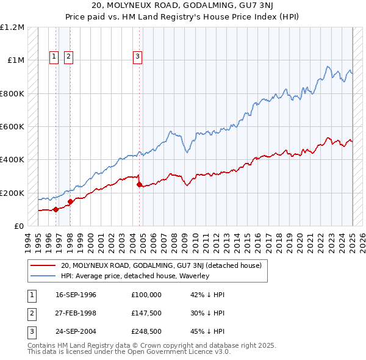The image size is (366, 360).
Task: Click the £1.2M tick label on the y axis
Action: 12,27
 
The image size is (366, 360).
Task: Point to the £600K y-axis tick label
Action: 12,127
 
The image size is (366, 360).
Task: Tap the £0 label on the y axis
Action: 19,226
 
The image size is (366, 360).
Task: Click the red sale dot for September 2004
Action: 140,184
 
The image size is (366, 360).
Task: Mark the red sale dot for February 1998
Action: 70,201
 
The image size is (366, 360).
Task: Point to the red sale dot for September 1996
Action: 56,209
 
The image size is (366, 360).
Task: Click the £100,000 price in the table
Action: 146,295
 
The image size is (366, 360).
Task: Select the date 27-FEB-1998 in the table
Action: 76,314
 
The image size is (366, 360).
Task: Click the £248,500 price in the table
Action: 146,333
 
